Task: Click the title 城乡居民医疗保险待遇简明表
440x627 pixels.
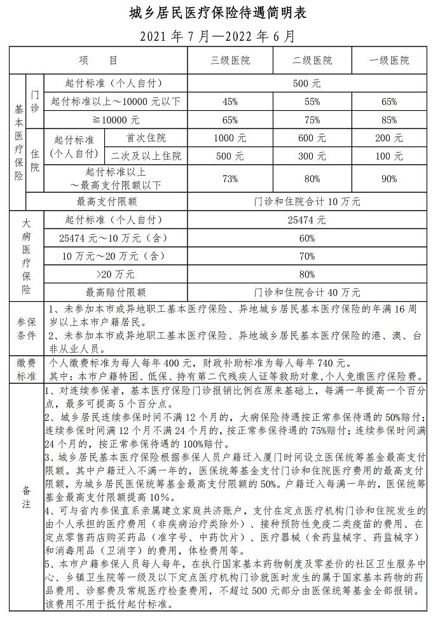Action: (219, 13)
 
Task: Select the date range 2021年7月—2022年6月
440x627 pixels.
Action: (219, 36)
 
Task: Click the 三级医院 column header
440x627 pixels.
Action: (230, 61)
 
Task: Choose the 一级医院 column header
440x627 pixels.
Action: (389, 61)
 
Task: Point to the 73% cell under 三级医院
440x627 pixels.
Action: (230, 179)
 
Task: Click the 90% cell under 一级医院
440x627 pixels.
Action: (389, 179)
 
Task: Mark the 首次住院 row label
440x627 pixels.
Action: (146, 137)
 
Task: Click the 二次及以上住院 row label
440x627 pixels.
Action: (146, 155)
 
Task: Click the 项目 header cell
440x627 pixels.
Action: (99, 61)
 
